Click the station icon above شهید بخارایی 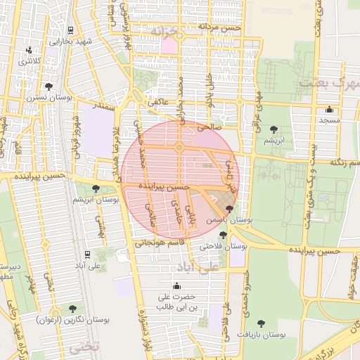pyautogui.click(x=71, y=30)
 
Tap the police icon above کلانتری pyautogui.click(x=29, y=51)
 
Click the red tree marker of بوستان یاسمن pyautogui.click(x=229, y=209)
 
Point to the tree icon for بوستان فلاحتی pyautogui.click(x=223, y=235)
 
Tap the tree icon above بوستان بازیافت pyautogui.click(x=261, y=323)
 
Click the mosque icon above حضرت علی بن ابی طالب pyautogui.click(x=176, y=285)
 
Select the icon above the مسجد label pyautogui.click(x=329, y=109)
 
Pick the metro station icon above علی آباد pyautogui.click(x=86, y=254)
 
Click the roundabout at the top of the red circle pyautogui.click(x=179, y=148)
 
